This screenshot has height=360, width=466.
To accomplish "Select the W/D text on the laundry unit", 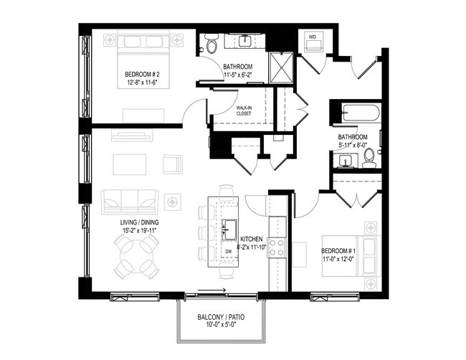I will (x=313, y=35).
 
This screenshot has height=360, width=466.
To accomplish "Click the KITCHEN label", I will (x=251, y=239).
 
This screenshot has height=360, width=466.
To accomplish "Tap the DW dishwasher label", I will (x=228, y=252).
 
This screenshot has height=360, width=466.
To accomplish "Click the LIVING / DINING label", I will (x=140, y=223).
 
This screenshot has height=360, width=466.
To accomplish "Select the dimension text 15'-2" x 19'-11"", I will (x=141, y=232).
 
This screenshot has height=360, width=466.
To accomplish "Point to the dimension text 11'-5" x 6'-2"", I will (x=238, y=74).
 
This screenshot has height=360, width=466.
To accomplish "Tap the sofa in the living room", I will (x=130, y=200).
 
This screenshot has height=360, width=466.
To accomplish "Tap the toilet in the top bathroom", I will (x=211, y=45).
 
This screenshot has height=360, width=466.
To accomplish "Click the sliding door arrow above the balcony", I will (x=214, y=291).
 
